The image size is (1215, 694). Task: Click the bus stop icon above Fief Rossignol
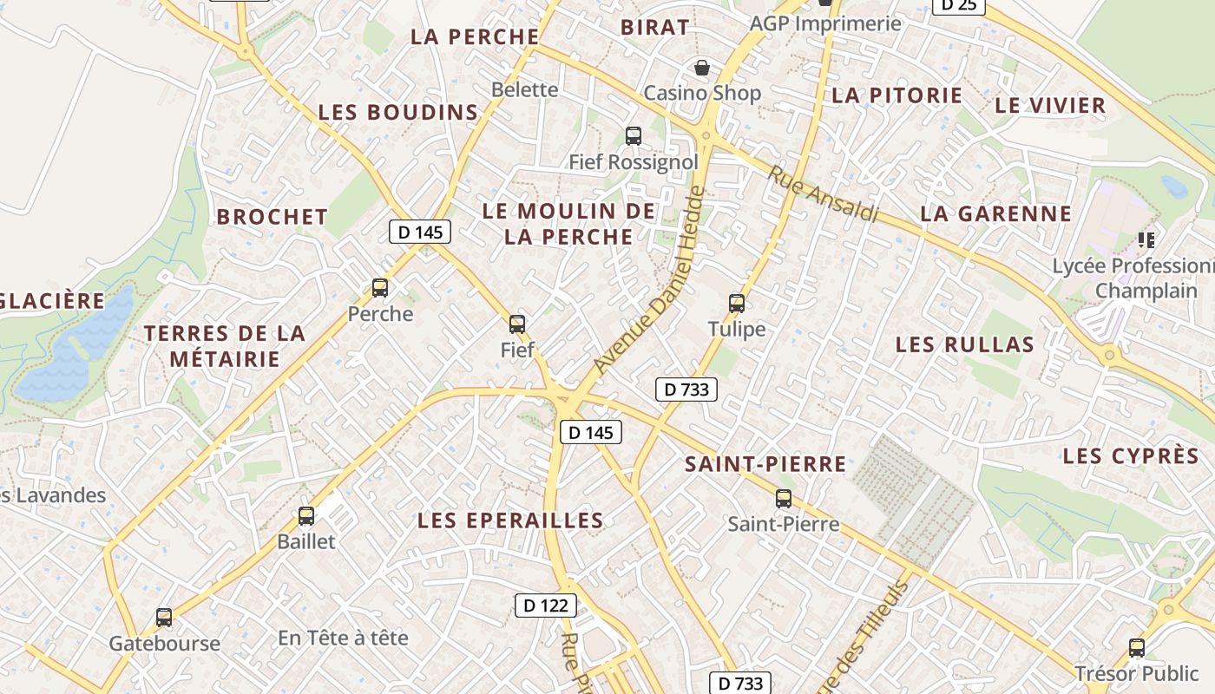coord(634,136)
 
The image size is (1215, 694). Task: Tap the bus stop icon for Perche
coord(380,288)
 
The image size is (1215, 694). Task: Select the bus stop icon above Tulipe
coord(737,303)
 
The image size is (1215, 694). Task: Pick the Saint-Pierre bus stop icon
coord(784,499)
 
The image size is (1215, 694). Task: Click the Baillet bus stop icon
coord(306,516)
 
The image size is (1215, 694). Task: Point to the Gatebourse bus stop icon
coord(164,618)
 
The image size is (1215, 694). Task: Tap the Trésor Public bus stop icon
coord(1137,647)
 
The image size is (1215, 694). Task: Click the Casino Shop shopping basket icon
coord(701,67)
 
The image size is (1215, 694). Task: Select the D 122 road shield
coord(546,606)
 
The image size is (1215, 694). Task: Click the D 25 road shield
coord(958,5)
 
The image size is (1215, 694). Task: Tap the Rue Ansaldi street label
coord(823,193)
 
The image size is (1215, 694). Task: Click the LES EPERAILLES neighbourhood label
coord(510,520)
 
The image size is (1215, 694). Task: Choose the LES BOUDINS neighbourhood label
coord(398,112)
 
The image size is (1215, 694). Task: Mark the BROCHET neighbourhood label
coord(273,217)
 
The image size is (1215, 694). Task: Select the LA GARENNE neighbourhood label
coord(996,213)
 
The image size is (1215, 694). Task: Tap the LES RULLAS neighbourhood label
coord(965,344)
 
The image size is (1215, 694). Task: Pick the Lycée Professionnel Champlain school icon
coord(1146,239)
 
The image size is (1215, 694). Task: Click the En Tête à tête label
coord(343,638)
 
